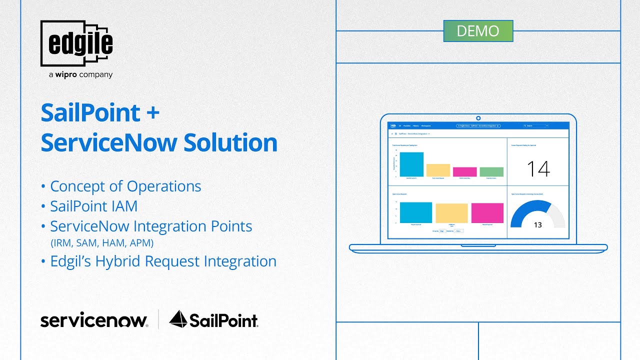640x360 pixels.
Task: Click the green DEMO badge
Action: [x=478, y=31]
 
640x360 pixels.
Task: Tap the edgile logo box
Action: [x=76, y=44]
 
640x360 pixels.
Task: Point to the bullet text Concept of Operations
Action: [x=125, y=186]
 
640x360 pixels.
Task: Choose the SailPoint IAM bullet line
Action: [x=93, y=206]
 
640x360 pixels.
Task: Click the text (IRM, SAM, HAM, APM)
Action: [x=102, y=243]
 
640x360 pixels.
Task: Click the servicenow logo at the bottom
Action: [x=94, y=320]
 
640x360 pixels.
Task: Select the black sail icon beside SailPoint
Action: [x=178, y=319]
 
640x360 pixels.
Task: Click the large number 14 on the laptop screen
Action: [x=538, y=169]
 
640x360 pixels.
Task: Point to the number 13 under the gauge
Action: [x=537, y=225]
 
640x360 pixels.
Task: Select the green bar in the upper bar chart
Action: [x=491, y=171]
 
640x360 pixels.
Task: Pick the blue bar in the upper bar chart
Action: [x=411, y=164]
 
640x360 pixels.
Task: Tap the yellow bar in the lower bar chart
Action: [x=451, y=213]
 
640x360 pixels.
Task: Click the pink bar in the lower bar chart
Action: [x=487, y=212]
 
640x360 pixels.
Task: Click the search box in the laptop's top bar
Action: [x=535, y=126]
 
